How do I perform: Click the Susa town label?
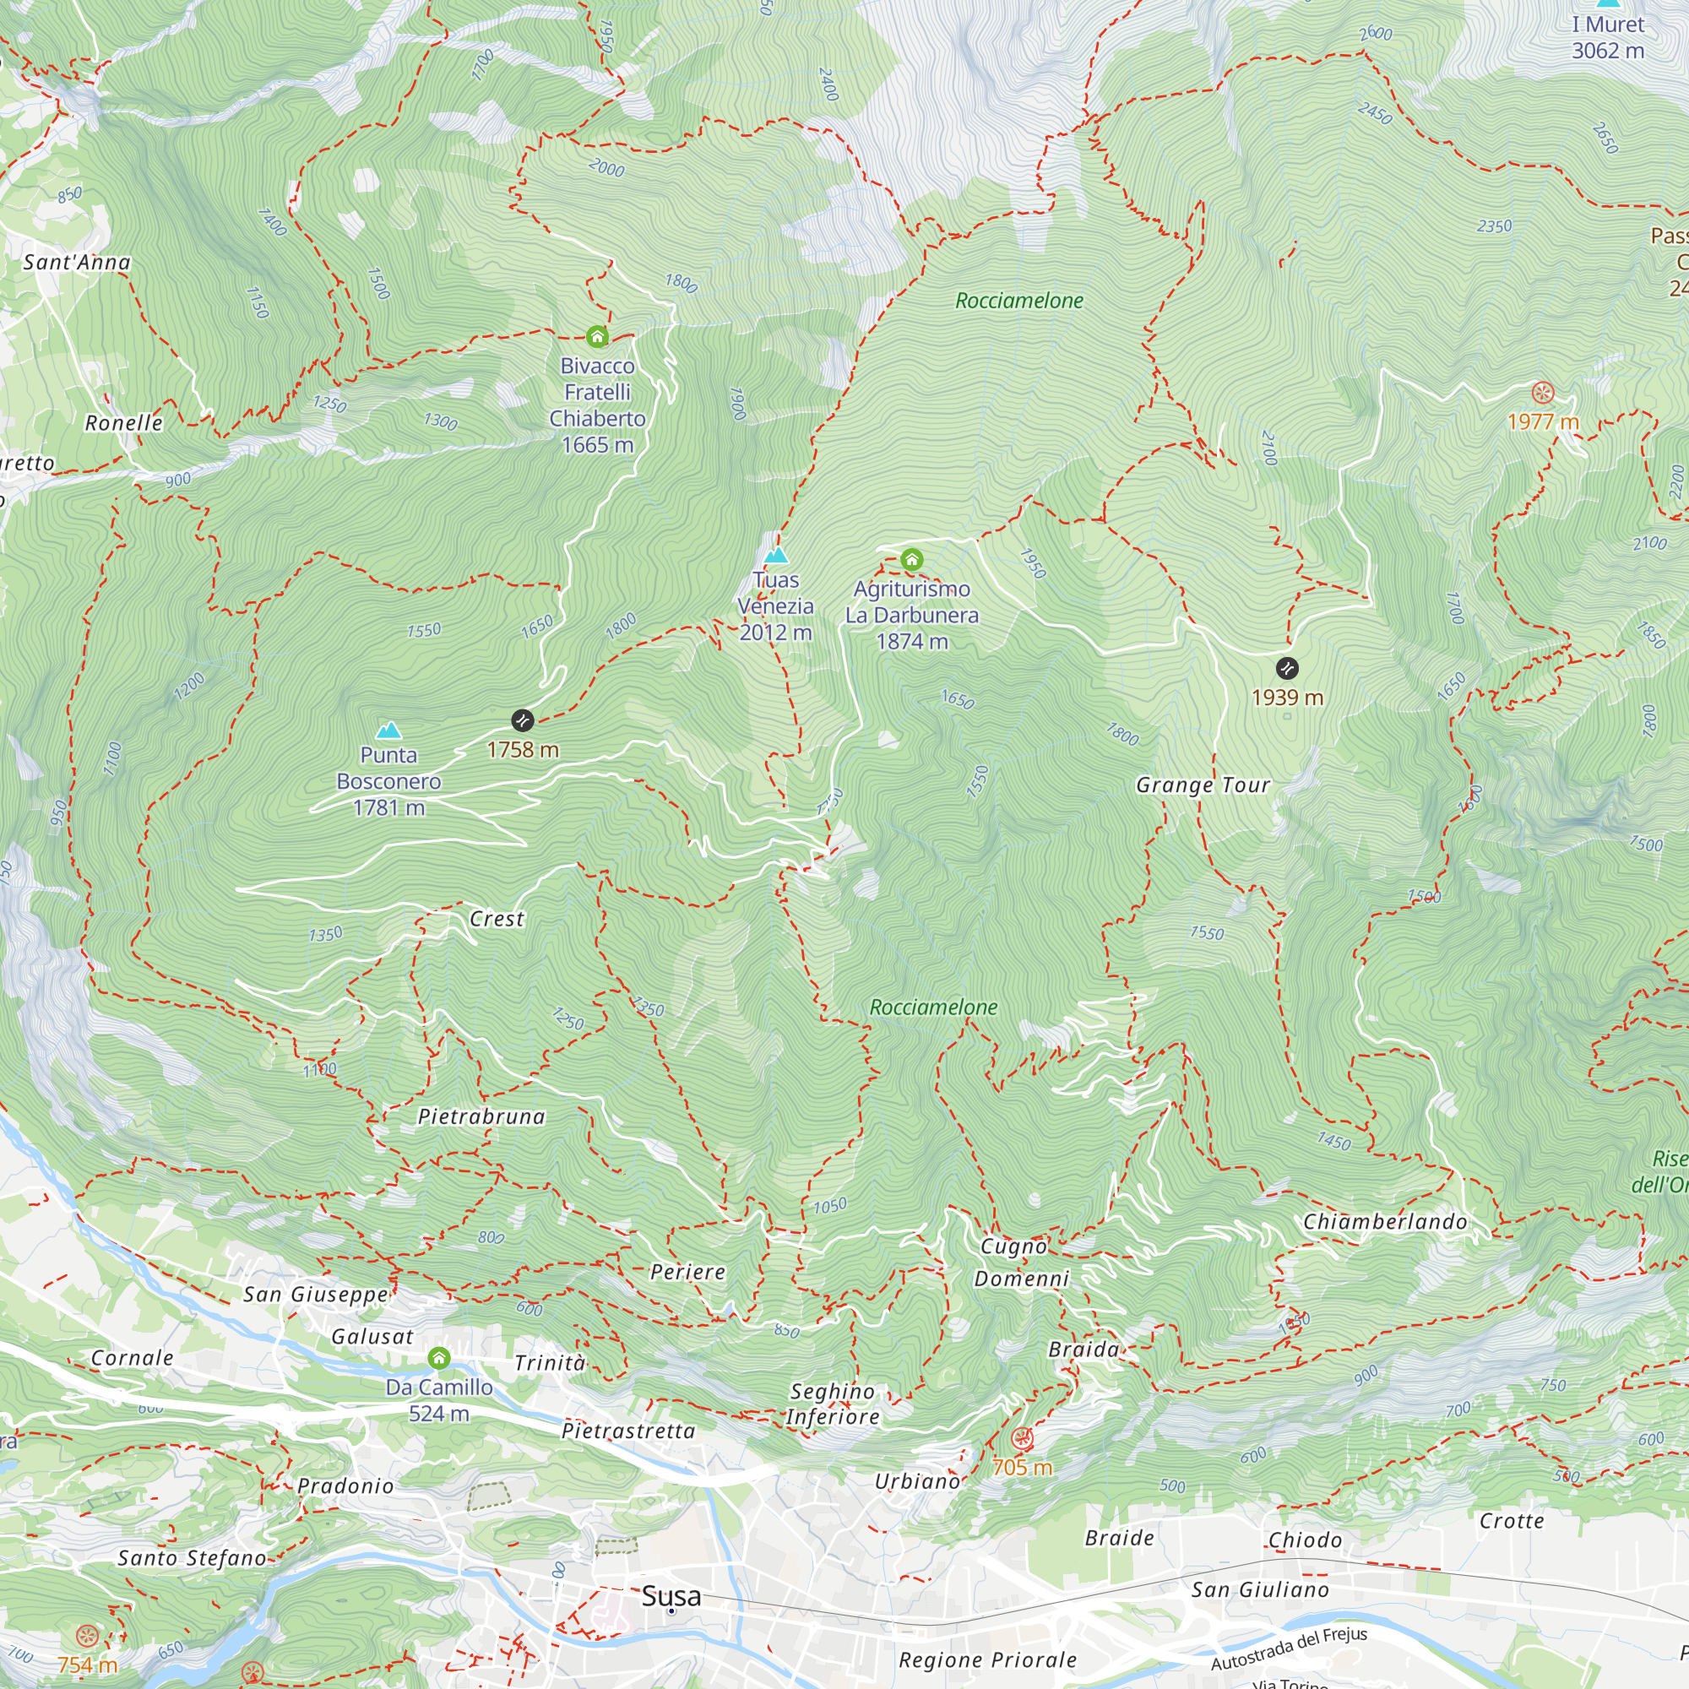tap(671, 1595)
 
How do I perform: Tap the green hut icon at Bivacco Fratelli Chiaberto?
tap(597, 337)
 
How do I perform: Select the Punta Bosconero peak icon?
tap(388, 730)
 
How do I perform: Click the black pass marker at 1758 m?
tap(522, 720)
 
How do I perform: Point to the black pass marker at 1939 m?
tap(1287, 669)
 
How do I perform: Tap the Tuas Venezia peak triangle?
tap(775, 555)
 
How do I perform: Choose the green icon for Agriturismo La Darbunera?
tap(912, 560)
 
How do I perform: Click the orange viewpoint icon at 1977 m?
tap(1543, 392)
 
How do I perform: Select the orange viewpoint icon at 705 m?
tap(1021, 1438)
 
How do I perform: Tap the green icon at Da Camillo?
tap(439, 1358)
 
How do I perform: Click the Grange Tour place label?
tap(1203, 785)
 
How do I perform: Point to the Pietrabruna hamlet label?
tap(481, 1116)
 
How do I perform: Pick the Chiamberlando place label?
tap(1385, 1221)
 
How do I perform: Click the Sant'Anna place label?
tap(77, 263)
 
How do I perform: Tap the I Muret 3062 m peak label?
tap(1608, 38)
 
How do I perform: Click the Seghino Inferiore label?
tap(833, 1404)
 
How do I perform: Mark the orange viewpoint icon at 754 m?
tap(86, 1636)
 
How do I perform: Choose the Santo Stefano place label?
tap(192, 1558)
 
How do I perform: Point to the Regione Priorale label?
tap(988, 1659)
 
